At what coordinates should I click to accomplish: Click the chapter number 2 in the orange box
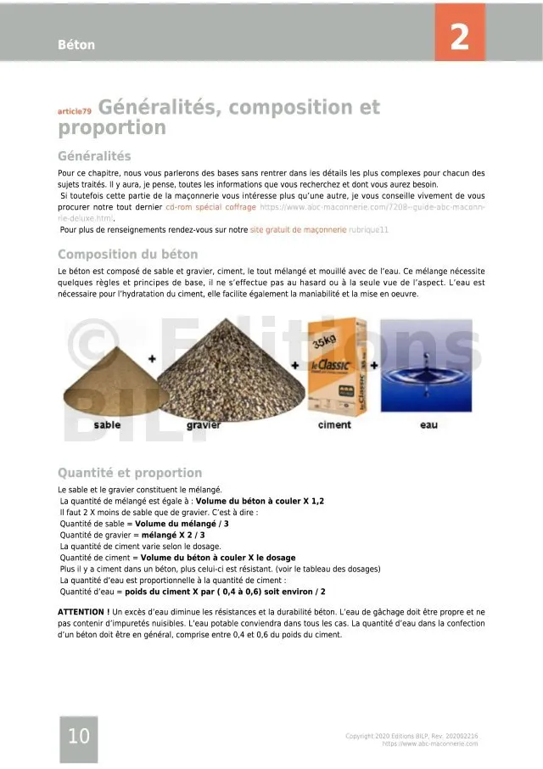459,37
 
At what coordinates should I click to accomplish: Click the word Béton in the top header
76,45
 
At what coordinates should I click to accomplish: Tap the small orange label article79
74,111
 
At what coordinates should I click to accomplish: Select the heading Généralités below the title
94,156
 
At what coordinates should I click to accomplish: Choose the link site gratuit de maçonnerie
298,229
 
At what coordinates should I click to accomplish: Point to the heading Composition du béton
127,255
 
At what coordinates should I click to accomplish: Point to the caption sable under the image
107,424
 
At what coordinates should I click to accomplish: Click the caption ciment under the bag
334,425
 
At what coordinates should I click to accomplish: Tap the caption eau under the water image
428,425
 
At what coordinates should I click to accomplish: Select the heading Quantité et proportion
130,473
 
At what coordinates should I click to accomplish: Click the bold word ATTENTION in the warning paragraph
82,612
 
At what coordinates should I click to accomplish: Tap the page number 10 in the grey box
78,737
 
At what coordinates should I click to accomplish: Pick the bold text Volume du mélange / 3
182,524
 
